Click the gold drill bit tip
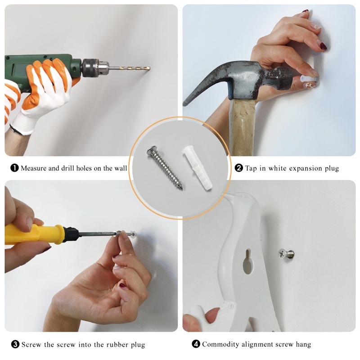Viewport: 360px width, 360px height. (x=149, y=68)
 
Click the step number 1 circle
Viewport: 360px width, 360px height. (x=14, y=168)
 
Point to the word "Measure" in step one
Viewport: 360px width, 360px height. (x=34, y=168)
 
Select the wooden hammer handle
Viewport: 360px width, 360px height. (x=243, y=127)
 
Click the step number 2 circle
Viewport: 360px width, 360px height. (x=239, y=168)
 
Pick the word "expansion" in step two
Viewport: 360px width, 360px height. (x=306, y=169)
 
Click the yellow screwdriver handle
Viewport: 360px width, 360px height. (x=35, y=234)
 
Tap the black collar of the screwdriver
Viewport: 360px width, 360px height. (x=71, y=234)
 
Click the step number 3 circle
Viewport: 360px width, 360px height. (x=15, y=344)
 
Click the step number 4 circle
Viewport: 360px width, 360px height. (x=196, y=344)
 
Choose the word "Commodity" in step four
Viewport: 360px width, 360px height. (x=217, y=344)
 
